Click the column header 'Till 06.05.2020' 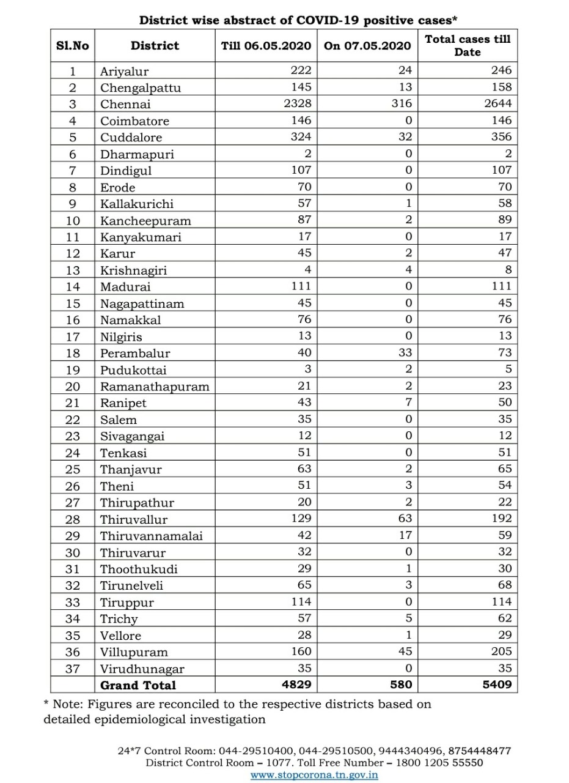pos(266,46)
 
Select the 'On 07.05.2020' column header pos(367,46)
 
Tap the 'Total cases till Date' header pos(468,45)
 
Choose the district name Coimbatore pos(134,121)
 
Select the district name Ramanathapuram pos(155,387)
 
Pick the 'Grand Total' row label pos(138,685)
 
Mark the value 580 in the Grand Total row pos(401,685)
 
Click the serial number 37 pos(73,669)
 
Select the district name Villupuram pos(134,652)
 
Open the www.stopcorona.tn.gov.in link pos(314,774)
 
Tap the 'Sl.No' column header pos(73,46)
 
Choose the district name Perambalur pos(135,354)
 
